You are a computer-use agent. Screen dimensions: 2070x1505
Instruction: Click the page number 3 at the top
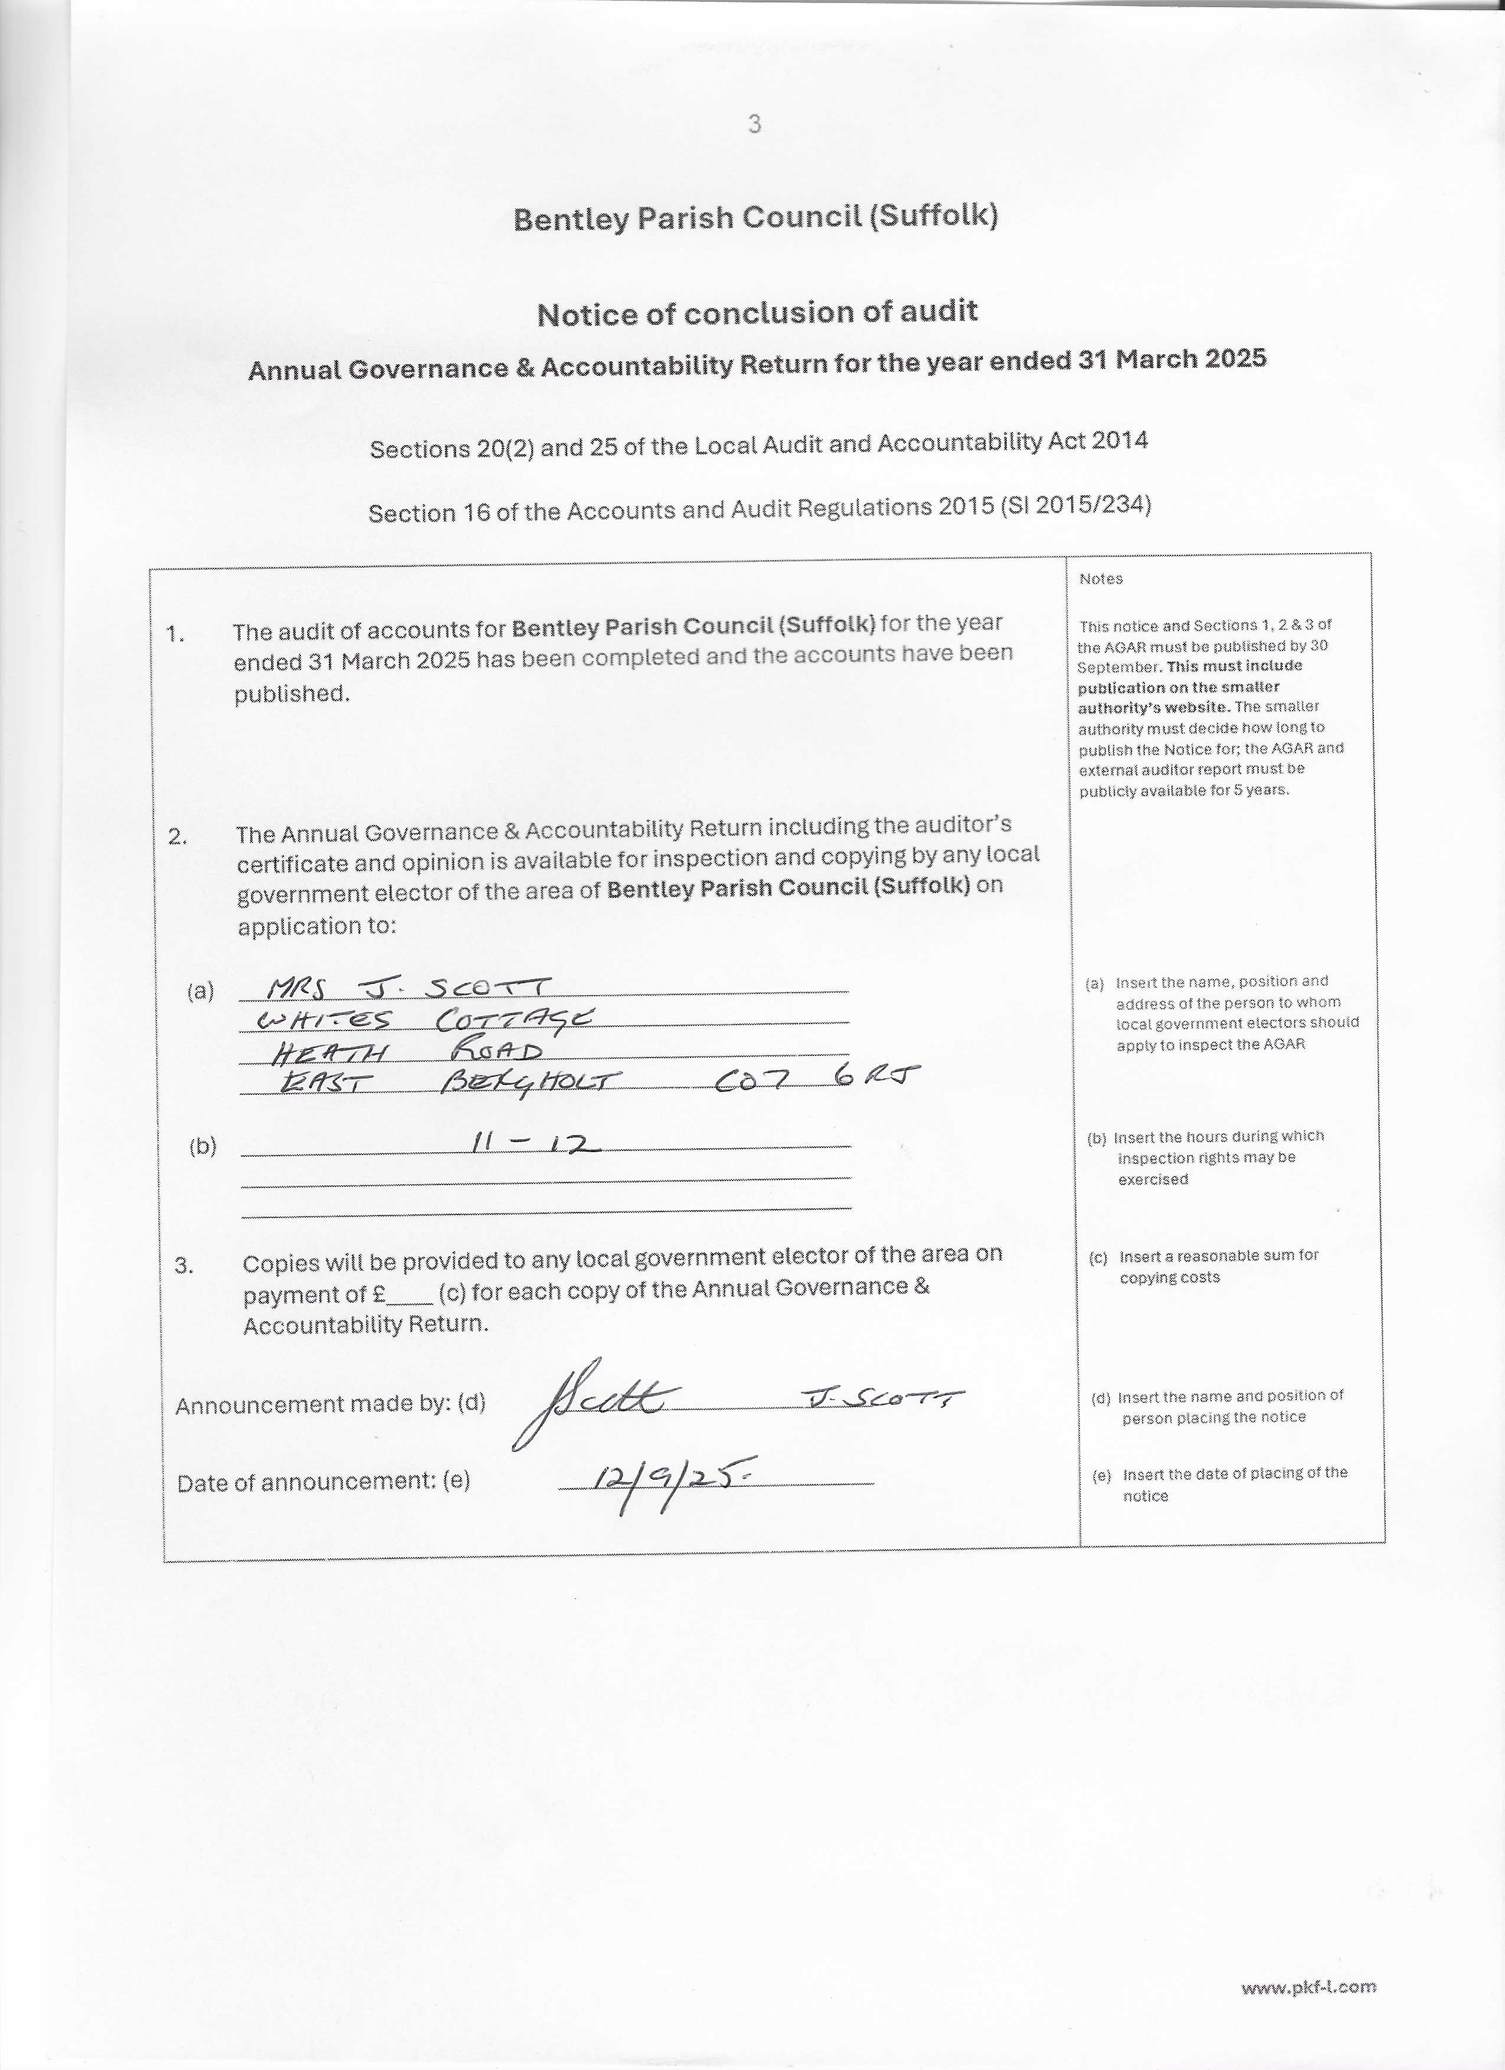tap(754, 124)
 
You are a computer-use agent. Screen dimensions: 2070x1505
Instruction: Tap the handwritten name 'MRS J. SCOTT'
tap(409, 987)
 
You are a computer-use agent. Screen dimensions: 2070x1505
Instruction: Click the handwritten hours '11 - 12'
tap(533, 1144)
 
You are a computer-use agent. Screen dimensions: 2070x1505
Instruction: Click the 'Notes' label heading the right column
tap(1101, 578)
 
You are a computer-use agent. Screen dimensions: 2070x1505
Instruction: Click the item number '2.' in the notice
tap(178, 836)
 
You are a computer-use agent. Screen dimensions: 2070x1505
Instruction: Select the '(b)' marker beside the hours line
tap(202, 1146)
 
